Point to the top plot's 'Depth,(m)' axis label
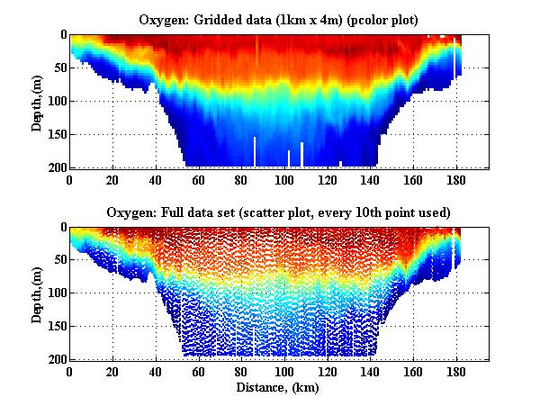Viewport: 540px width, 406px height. click(x=37, y=101)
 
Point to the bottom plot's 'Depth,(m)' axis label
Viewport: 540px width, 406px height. click(x=37, y=293)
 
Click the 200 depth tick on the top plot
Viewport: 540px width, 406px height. click(x=55, y=167)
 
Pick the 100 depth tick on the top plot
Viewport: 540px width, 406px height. click(x=55, y=101)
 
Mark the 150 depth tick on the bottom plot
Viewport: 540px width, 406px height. click(x=55, y=327)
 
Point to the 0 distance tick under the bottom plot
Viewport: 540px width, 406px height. click(x=69, y=372)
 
